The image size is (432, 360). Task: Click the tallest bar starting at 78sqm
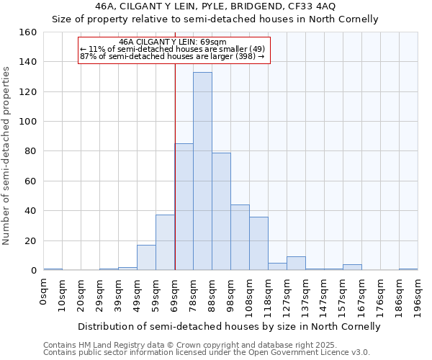click(202, 171)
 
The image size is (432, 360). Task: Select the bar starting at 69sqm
click(184, 207)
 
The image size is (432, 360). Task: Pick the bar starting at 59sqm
click(165, 243)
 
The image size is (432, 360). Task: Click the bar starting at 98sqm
click(240, 238)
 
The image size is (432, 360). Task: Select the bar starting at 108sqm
click(258, 244)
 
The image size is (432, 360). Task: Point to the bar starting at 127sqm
click(296, 264)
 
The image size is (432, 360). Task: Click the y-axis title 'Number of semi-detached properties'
click(7, 151)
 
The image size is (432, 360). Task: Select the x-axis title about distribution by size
click(229, 327)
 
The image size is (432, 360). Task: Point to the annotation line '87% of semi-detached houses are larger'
click(172, 56)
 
